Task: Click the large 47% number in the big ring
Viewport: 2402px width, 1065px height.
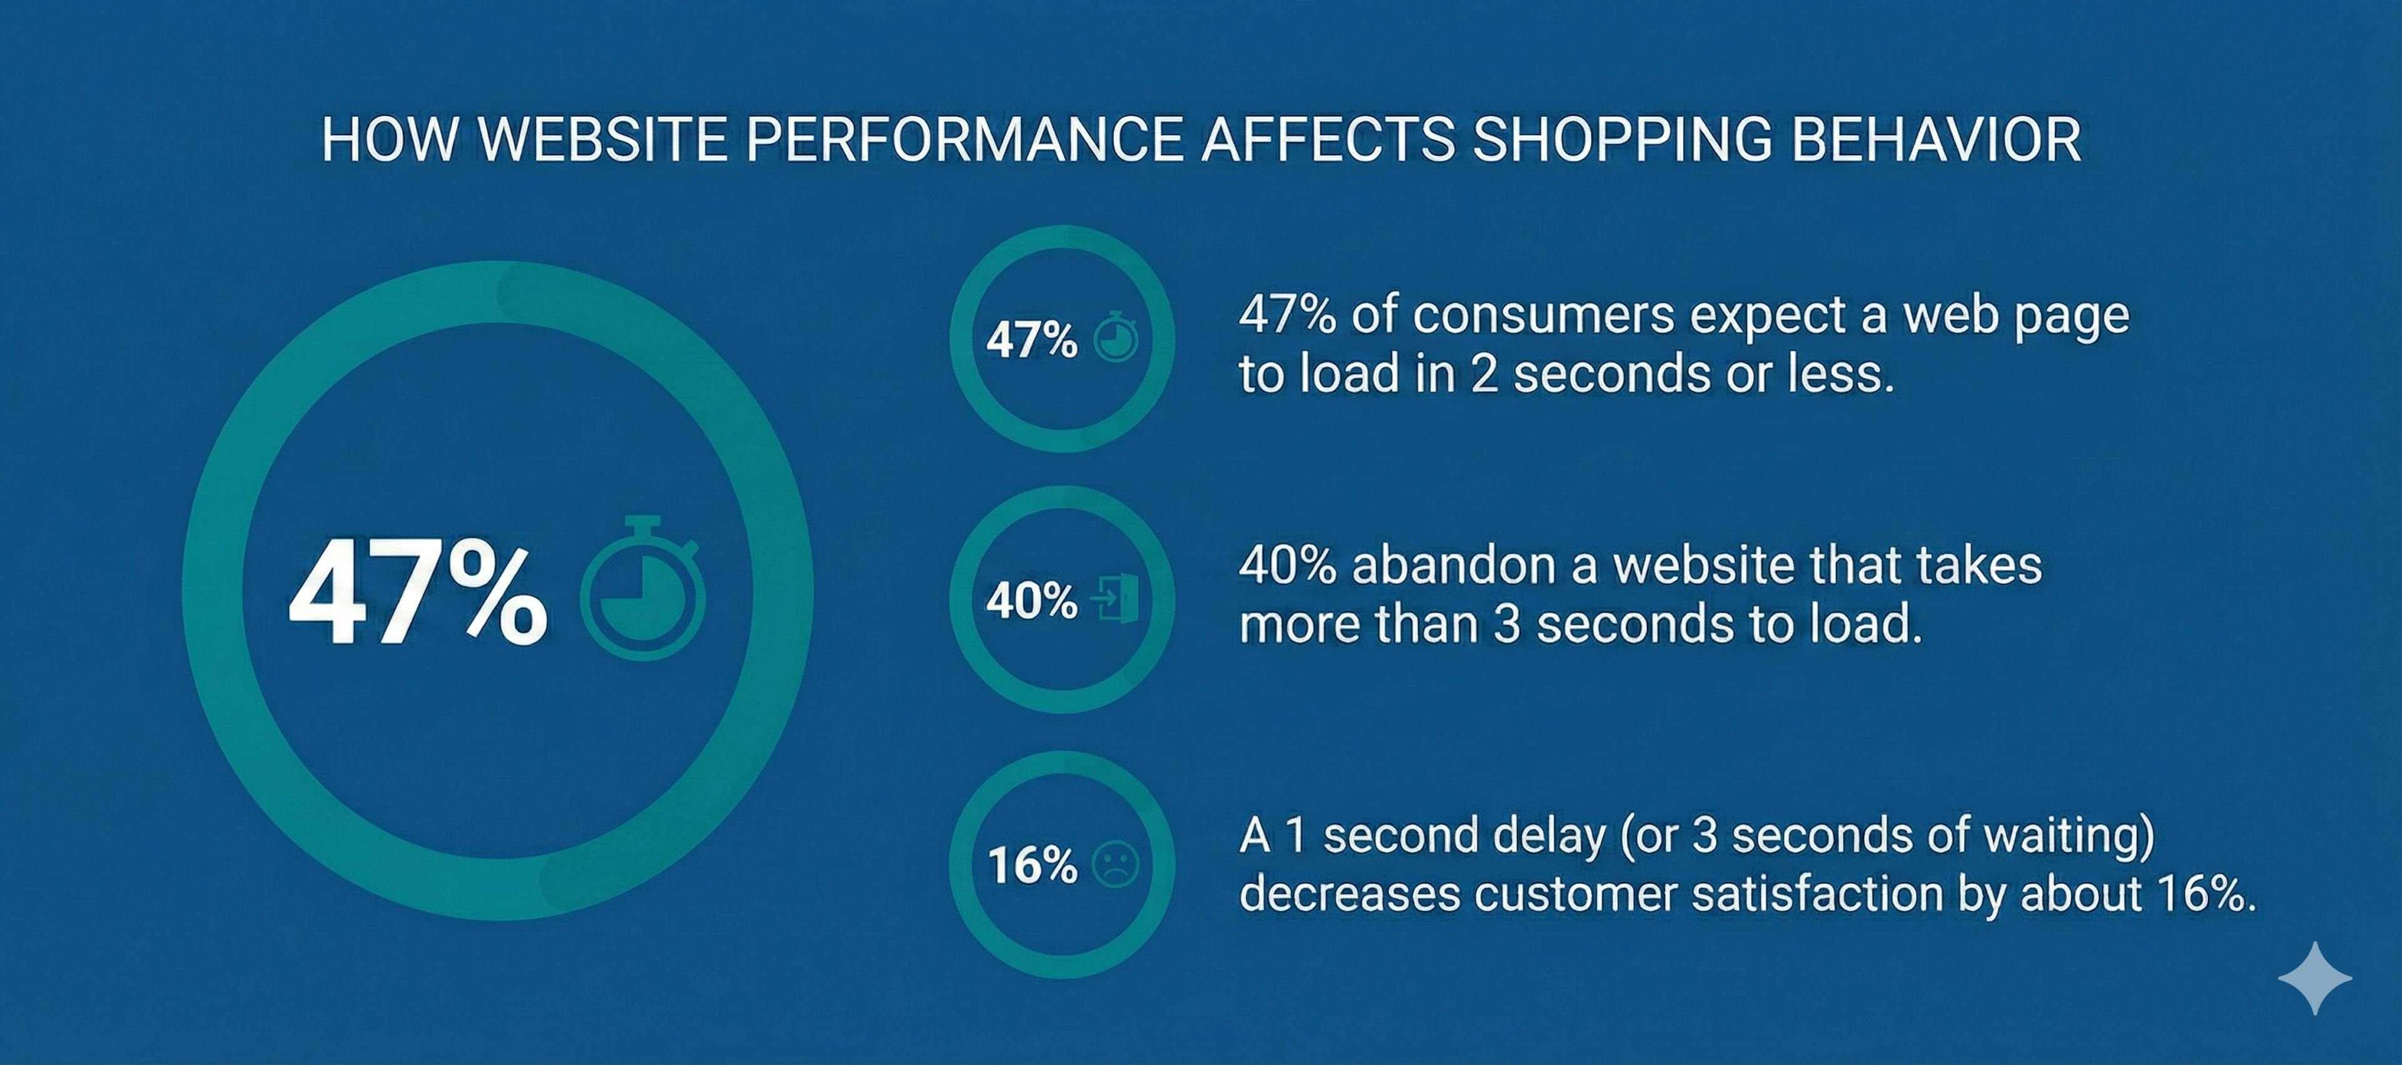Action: point(418,593)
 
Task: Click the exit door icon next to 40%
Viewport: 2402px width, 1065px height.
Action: point(1115,599)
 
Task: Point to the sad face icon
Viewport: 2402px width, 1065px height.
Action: point(1115,865)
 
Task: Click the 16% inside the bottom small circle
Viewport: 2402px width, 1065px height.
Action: point(1032,865)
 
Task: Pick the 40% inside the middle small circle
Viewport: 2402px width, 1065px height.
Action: point(1032,601)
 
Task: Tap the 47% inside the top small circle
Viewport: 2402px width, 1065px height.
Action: point(1032,339)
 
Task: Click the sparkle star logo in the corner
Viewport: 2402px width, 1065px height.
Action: point(2314,977)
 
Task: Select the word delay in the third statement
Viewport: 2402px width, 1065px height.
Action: point(1549,835)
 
